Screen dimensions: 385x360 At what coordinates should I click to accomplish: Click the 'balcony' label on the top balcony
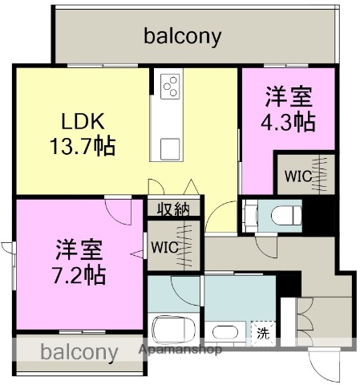(183, 36)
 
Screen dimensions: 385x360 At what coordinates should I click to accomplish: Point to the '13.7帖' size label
(83, 147)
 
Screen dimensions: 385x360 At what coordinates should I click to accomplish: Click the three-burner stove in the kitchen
(172, 87)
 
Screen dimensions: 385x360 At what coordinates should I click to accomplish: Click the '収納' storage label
(172, 209)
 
